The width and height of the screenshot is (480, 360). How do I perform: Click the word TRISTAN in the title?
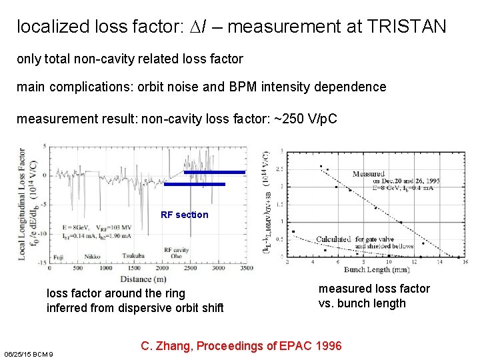[406, 27]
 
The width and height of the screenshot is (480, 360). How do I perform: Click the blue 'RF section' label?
[185, 215]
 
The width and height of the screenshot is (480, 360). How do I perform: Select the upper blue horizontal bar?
[214, 172]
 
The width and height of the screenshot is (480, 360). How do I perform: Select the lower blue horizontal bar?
[195, 184]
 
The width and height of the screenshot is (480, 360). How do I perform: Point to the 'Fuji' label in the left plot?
[59, 256]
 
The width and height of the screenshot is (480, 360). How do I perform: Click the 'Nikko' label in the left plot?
[92, 256]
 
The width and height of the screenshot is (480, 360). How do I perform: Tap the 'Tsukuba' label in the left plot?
[133, 256]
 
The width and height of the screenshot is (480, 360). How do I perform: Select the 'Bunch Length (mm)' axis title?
[377, 269]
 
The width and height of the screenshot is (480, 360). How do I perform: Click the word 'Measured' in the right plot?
[368, 174]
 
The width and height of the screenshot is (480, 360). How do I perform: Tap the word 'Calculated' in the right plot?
[333, 239]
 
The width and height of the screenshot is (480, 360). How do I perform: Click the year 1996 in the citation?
[327, 345]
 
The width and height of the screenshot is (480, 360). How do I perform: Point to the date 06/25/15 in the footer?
[17, 353]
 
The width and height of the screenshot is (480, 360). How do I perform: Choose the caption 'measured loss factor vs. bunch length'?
[374, 296]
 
